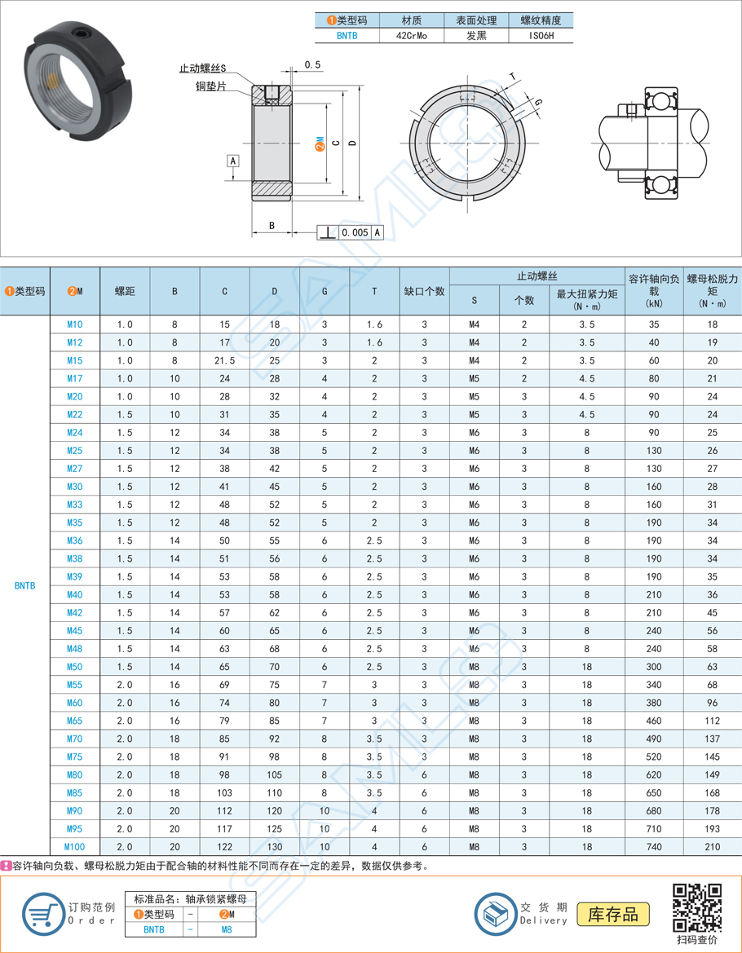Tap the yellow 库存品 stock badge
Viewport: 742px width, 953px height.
612,914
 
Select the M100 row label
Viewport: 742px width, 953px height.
74,847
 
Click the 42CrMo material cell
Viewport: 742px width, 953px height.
411,37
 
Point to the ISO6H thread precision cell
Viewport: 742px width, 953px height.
540,37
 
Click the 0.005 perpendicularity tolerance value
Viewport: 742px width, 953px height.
355,232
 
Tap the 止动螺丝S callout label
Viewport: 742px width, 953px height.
202,69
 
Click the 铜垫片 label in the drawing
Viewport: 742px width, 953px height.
211,86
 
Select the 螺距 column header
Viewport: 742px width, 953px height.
125,291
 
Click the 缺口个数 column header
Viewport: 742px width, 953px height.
424,291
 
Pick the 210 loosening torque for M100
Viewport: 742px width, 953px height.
712,847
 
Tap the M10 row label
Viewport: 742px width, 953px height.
74,324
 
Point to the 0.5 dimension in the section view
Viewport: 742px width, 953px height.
311,64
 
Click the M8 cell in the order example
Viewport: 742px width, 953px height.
227,929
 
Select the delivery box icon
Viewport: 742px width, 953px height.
497,914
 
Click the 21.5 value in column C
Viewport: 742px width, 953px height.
224,360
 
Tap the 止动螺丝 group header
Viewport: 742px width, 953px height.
537,277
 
